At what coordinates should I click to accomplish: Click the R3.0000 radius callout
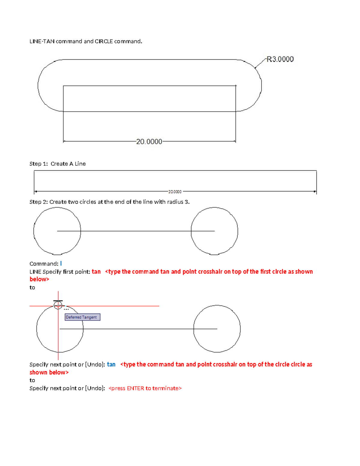280,59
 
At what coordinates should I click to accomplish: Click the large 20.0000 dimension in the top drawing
149,142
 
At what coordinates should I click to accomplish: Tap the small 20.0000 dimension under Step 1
175,192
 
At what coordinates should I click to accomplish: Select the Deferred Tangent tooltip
82,317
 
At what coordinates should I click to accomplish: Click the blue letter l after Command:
61,263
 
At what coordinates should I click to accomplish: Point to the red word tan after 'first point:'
96,272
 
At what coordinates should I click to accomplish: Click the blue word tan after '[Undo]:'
111,364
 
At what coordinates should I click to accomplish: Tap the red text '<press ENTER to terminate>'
145,388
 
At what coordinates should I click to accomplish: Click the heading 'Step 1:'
39,164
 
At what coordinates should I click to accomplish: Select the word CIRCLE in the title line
104,41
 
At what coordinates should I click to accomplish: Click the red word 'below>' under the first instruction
39,279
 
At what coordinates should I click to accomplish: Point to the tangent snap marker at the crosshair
58,304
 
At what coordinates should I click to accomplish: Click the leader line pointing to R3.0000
260,63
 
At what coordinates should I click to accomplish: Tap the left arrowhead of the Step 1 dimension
36,191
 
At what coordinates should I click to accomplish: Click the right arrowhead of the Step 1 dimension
315,191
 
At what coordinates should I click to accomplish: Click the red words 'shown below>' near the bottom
49,372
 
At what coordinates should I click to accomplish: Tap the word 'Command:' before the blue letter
44,264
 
